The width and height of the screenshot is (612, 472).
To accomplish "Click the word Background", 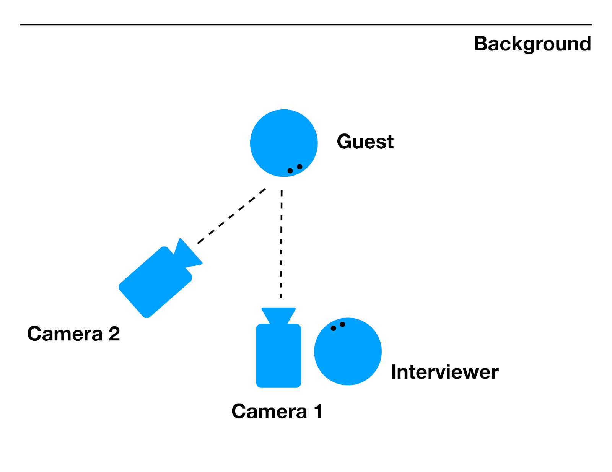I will pos(532,44).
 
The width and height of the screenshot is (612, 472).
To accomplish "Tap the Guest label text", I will pos(365,142).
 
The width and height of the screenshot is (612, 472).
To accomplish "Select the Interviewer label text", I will pos(444,372).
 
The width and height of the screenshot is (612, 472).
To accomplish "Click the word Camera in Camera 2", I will pos(65,334).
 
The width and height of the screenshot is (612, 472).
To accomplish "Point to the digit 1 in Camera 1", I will pos(318,412).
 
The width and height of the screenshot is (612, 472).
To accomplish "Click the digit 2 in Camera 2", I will pos(114,334).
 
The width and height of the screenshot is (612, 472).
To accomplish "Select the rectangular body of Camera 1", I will pos(278,356).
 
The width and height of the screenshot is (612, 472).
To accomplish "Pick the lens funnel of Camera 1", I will pos(278,316).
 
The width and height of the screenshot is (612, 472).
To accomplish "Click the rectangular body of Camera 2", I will pos(155,283).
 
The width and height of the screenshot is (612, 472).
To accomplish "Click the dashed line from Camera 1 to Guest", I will pos(281,245).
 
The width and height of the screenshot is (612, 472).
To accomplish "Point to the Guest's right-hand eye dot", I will pos(299,167).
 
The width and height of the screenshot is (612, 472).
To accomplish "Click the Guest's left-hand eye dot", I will pos(290,171).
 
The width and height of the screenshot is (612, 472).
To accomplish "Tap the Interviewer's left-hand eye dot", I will pos(333,328).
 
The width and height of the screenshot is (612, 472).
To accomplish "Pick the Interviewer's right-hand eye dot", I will pos(342,324).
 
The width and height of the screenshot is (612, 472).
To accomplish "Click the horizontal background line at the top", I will pos(306,25).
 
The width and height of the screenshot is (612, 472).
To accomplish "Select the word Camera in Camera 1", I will pos(269,412).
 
